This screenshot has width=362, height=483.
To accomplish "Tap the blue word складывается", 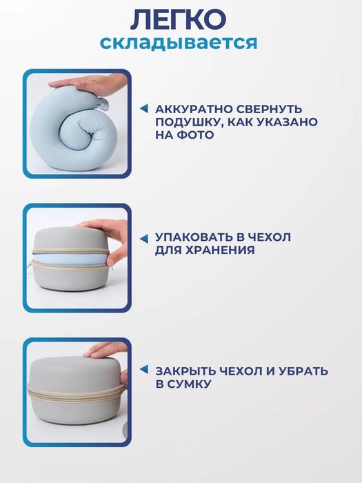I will pos(179,43).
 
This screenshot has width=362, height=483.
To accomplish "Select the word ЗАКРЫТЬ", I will pos(185,371).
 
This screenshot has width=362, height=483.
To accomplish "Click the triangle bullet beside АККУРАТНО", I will pos(144,109).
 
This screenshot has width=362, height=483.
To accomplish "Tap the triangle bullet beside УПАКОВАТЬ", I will pos(144,237).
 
